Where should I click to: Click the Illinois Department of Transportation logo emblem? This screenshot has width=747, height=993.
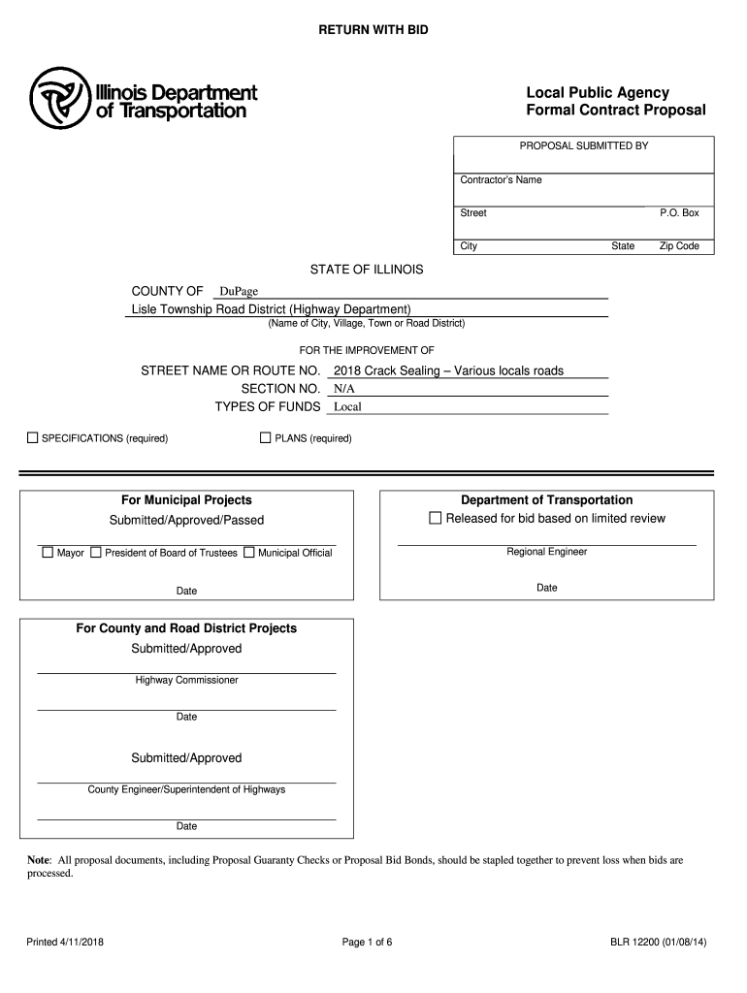tap(59, 98)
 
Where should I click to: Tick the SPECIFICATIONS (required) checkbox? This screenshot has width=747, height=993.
tap(32, 438)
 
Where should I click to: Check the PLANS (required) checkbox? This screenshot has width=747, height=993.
tap(266, 438)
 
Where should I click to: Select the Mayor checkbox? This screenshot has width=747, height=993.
tap(47, 553)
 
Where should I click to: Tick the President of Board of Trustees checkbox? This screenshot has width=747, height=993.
tap(95, 553)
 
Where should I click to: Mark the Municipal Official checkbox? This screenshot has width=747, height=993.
tap(248, 553)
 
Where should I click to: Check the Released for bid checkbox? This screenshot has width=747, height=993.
tap(435, 518)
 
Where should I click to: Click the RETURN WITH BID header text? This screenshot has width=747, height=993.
tap(373, 31)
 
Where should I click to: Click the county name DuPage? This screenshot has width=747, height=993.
tap(238, 292)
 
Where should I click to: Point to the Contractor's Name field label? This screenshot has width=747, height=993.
tap(501, 180)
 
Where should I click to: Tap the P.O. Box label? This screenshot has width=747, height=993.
tap(679, 213)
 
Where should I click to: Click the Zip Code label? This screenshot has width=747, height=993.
tap(679, 246)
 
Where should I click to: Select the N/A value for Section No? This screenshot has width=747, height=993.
tap(343, 389)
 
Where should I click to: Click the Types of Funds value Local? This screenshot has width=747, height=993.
tap(347, 407)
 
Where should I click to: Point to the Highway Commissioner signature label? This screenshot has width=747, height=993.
tap(186, 681)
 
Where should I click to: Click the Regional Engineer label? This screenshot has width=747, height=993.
tap(546, 553)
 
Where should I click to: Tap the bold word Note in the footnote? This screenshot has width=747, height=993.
tap(38, 860)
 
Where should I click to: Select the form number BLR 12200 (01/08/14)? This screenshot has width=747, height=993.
tap(658, 942)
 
